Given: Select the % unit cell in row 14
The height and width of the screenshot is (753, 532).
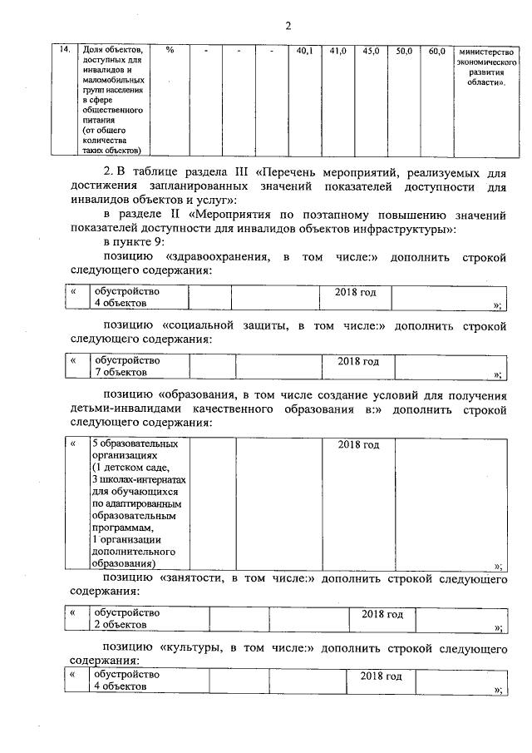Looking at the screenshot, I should [x=170, y=51].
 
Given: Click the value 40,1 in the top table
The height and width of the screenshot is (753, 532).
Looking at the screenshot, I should [x=304, y=51].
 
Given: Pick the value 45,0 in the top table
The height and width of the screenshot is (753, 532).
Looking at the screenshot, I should [x=372, y=51].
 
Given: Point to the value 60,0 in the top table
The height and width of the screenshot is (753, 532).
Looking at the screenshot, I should [x=436, y=51].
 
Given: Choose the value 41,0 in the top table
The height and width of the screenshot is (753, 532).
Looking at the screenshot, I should [x=337, y=51].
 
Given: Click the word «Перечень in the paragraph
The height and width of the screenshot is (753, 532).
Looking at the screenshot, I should [x=294, y=171].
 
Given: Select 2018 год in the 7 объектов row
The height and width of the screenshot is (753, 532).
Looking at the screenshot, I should [x=358, y=362].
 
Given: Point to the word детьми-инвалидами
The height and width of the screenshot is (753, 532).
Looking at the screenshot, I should [x=123, y=409].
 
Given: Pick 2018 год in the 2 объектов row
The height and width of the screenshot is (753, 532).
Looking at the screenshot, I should [x=382, y=614].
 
